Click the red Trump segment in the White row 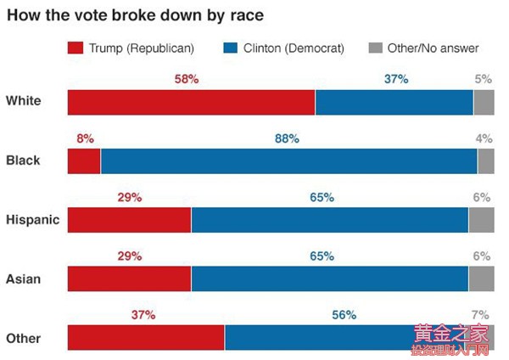191,102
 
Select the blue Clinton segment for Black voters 288,160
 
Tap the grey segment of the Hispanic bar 481,219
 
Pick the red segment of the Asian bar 129,278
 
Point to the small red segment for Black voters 84,160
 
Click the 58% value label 186,79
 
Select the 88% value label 288,138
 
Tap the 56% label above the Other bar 344,314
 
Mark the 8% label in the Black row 84,138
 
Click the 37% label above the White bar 395,79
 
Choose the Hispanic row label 32,219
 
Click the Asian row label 23,278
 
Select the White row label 23,102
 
